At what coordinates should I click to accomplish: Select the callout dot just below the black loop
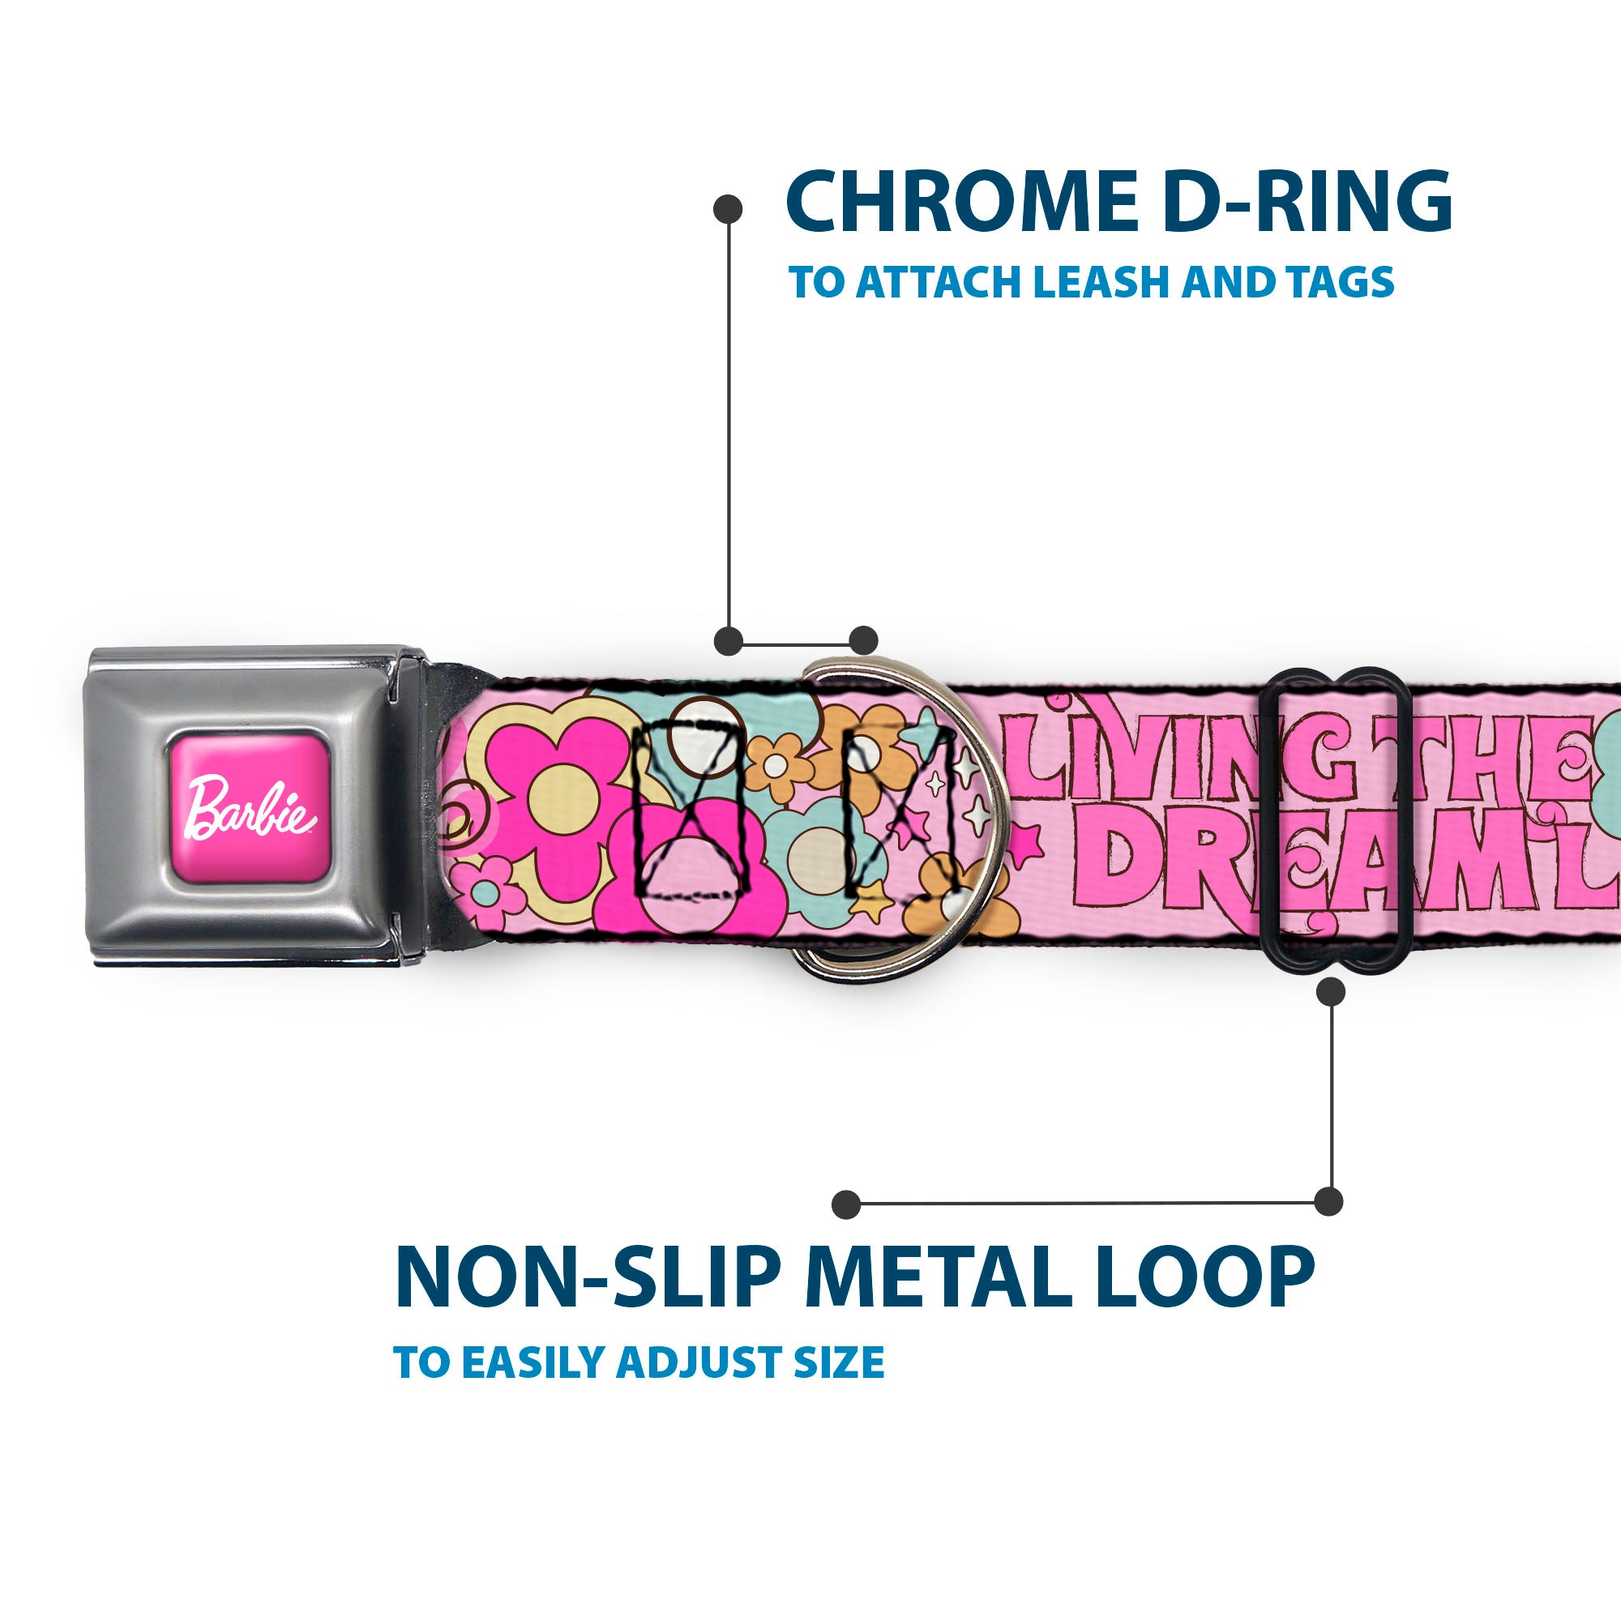(x=1331, y=993)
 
